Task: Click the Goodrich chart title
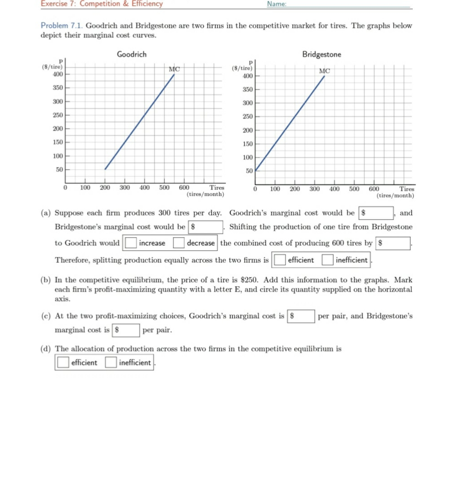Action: coord(131,54)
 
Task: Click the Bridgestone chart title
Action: coord(322,54)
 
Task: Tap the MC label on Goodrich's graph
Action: coord(174,69)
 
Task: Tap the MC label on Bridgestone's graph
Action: coord(324,71)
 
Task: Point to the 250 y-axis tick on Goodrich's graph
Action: coord(58,115)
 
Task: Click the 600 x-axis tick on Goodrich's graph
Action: coord(184,188)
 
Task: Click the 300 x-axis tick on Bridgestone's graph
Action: coord(314,189)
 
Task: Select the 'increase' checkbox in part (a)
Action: coord(130,243)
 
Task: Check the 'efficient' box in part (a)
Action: coord(279,260)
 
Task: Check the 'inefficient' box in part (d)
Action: coord(111,363)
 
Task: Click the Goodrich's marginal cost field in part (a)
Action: coord(376,213)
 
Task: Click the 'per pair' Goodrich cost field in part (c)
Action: coord(300,316)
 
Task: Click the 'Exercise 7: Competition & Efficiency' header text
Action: coord(102,4)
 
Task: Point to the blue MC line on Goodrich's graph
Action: coord(139,122)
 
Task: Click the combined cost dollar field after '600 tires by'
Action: coord(393,243)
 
